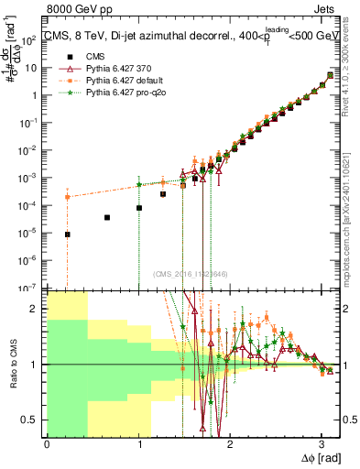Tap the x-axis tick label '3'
[x=321, y=443]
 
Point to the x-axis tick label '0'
[x=47, y=443]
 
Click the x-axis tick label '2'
[x=230, y=443]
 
